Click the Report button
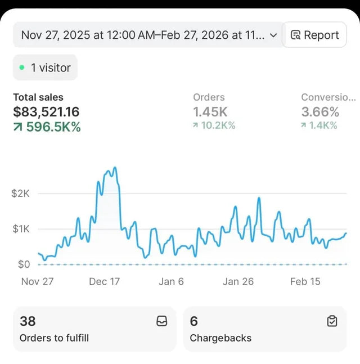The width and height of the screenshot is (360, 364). [314, 35]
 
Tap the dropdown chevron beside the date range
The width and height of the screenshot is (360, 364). [273, 35]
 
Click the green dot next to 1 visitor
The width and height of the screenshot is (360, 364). [22, 68]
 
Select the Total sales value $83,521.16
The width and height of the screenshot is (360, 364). [46, 111]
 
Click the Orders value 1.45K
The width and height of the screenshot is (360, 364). [210, 112]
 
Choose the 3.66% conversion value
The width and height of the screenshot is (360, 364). [320, 112]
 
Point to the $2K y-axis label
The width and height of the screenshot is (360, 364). [20, 193]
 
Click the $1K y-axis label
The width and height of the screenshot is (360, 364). [21, 229]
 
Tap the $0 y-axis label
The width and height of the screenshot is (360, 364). [24, 264]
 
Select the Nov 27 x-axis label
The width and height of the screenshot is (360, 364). [37, 282]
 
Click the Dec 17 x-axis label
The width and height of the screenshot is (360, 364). [105, 282]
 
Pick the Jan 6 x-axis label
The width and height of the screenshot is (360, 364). [172, 282]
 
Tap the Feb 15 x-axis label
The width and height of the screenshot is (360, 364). [305, 282]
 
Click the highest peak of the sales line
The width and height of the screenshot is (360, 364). [115, 168]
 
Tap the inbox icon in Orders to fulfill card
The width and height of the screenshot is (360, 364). [162, 321]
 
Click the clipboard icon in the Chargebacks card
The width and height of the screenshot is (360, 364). [332, 321]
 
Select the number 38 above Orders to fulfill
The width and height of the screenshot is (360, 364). [28, 321]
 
